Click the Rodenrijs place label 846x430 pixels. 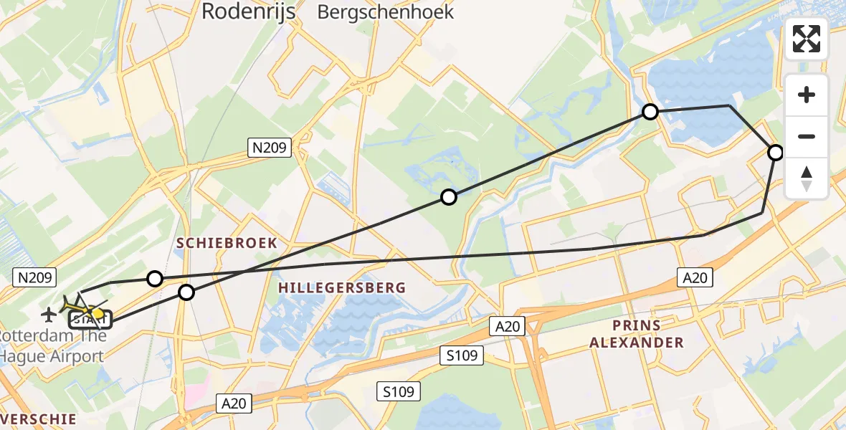[248, 11]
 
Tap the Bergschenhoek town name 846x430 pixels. [386, 11]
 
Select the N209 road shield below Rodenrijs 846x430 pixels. [270, 148]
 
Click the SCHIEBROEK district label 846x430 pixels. [227, 243]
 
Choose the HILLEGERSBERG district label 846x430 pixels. [342, 287]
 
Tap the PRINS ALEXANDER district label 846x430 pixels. [637, 334]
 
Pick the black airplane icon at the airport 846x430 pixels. [49, 313]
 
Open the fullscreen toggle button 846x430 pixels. [807, 39]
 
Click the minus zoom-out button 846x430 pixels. [807, 136]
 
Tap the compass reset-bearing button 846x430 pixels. [807, 178]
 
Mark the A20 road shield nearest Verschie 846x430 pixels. [234, 403]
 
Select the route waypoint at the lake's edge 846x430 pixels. [650, 111]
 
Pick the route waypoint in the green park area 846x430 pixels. [448, 196]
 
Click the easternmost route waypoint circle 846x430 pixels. [776, 152]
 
